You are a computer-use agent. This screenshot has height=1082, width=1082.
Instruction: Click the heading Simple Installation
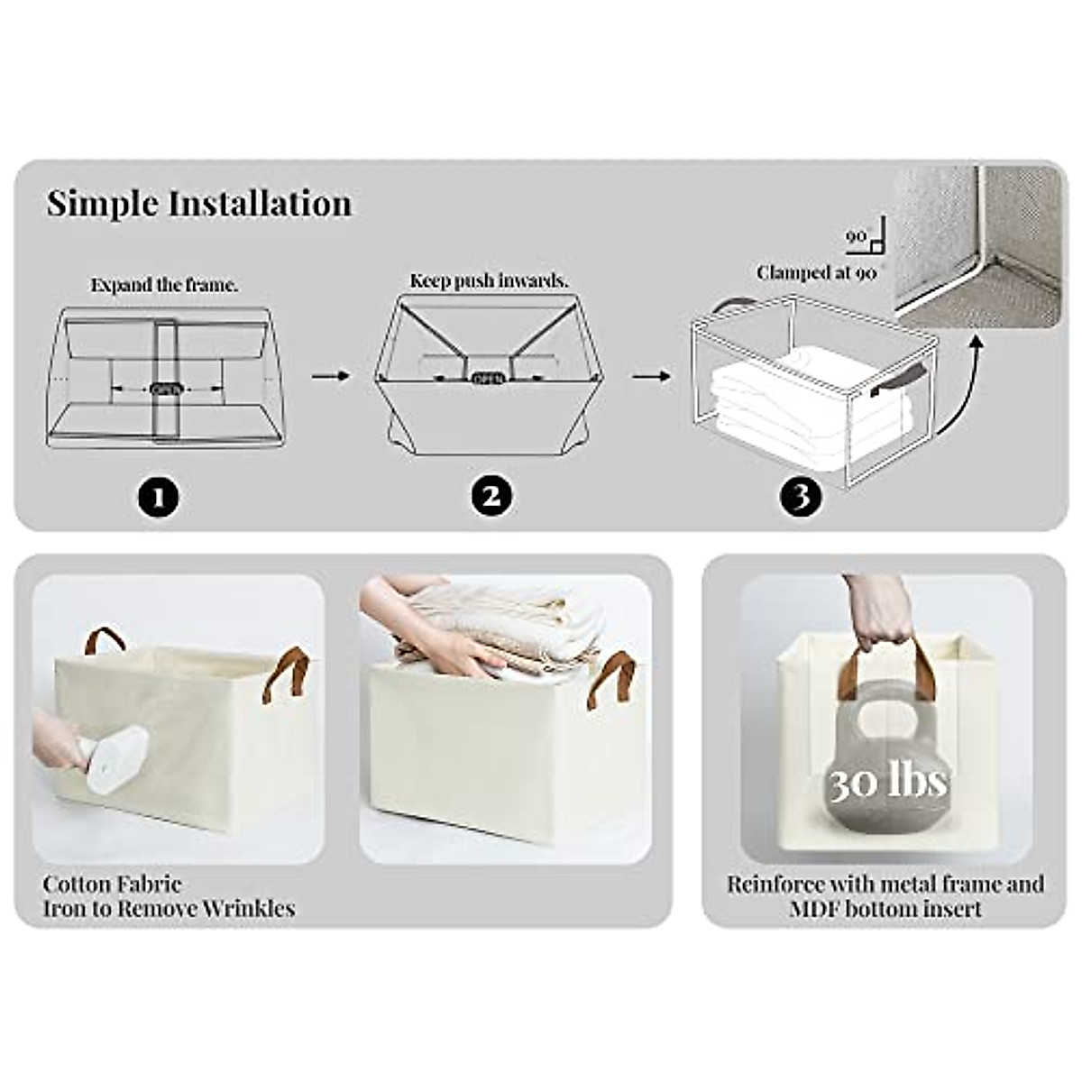tap(199, 204)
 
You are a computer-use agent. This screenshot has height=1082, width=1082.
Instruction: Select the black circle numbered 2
tap(491, 496)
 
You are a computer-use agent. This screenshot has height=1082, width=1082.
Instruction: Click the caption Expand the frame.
tap(164, 285)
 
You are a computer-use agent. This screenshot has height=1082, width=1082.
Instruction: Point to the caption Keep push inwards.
tap(489, 280)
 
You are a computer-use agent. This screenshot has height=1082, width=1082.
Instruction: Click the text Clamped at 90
tap(816, 271)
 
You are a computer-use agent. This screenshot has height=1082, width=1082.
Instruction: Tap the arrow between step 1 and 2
tap(330, 374)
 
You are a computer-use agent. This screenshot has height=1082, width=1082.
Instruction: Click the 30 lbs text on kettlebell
tap(888, 781)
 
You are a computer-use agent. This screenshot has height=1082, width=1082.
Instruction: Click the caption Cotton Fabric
tap(112, 884)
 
